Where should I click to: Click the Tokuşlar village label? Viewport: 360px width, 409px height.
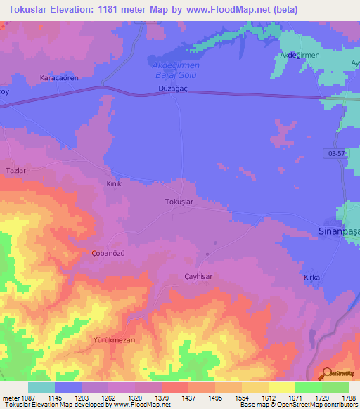[x=179, y=202]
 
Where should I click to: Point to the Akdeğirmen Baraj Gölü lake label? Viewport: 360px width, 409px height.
[x=176, y=69]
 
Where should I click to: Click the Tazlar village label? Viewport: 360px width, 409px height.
[x=15, y=171]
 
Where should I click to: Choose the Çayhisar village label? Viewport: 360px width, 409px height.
[x=198, y=277]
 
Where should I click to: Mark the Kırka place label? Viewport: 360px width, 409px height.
[x=311, y=278]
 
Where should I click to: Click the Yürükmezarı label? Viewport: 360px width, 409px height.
[x=114, y=339]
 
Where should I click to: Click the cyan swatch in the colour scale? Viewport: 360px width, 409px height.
[x=41, y=387]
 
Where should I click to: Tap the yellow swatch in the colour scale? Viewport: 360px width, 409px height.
[x=282, y=387]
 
